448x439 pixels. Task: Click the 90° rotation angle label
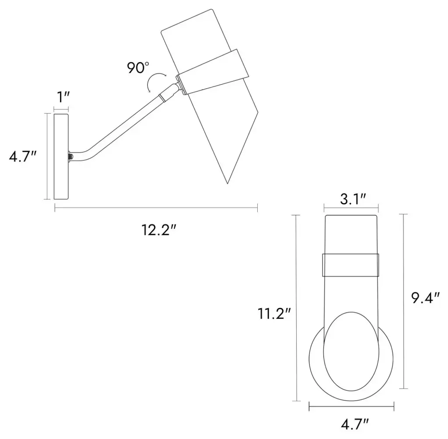(x=138, y=68)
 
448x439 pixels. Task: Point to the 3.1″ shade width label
(x=353, y=199)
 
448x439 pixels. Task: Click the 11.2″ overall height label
(x=274, y=314)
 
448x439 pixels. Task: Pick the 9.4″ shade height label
(x=425, y=297)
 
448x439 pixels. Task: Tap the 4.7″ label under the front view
(x=354, y=424)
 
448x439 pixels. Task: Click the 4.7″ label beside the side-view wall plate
(x=23, y=156)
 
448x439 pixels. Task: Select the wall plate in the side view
(x=61, y=157)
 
